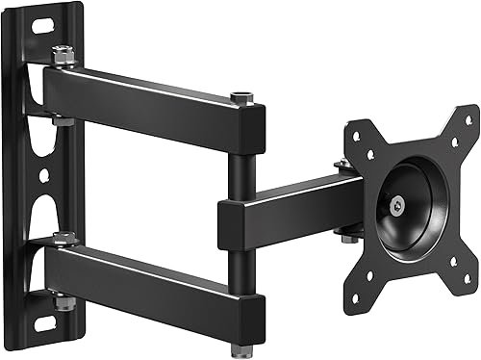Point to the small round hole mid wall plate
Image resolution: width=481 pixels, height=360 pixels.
coord(42,177)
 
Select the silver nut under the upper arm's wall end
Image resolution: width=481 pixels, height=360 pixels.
coord(62,120)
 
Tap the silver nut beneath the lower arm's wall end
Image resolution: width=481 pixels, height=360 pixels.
coord(63,305)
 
